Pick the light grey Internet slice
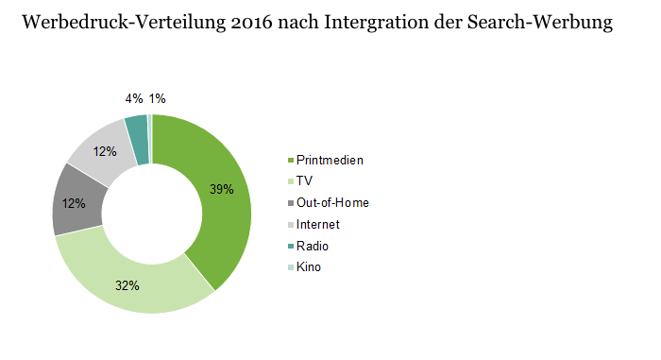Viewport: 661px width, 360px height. [x=103, y=150]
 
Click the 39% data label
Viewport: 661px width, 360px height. [x=222, y=189]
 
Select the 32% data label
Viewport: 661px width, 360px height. [x=127, y=285]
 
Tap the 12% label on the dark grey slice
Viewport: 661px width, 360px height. [x=74, y=203]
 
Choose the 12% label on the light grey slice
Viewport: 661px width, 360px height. [x=105, y=151]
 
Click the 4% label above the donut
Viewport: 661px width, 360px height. [x=134, y=99]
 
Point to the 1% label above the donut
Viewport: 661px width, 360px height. [x=158, y=99]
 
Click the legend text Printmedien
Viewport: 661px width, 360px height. [x=330, y=161]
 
